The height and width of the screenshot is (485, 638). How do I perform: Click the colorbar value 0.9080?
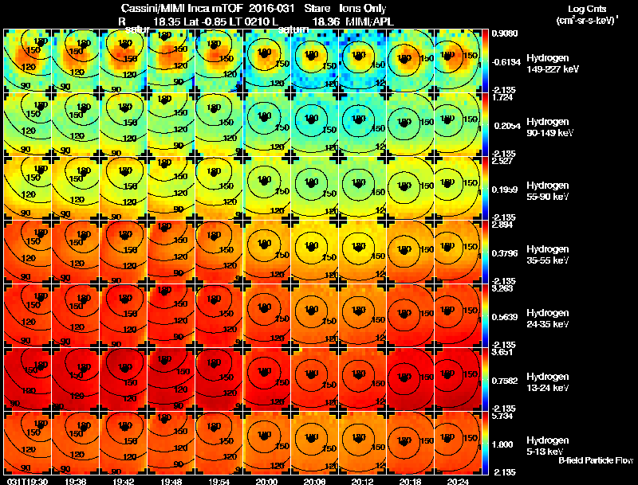pos(505,33)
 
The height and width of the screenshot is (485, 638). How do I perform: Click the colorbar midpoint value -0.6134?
pos(506,61)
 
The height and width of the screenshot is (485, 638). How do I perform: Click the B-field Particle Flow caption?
pos(596,460)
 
